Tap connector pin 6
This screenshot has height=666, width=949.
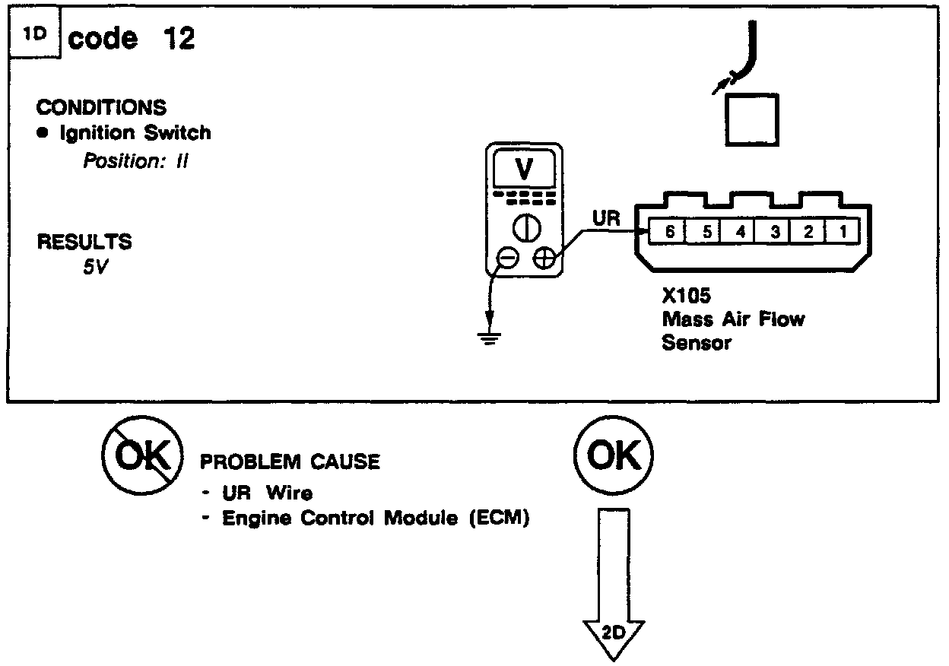pos(669,231)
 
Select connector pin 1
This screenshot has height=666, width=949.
pos(843,231)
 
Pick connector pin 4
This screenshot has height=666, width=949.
pos(739,231)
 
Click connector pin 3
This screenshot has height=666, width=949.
pos(774,231)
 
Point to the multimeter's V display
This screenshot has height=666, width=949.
pos(524,170)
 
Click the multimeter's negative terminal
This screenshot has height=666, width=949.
pos(508,258)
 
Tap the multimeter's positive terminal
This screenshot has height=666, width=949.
pos(543,258)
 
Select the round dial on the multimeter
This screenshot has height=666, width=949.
pos(524,226)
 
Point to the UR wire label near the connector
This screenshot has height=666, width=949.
pos(606,218)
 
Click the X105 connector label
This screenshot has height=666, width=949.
pos(686,297)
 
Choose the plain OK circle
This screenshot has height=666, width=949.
pos(614,456)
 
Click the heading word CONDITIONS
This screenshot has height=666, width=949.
pos(101,107)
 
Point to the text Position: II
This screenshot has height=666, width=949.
pos(135,161)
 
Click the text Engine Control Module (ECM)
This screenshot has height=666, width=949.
pos(375,519)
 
